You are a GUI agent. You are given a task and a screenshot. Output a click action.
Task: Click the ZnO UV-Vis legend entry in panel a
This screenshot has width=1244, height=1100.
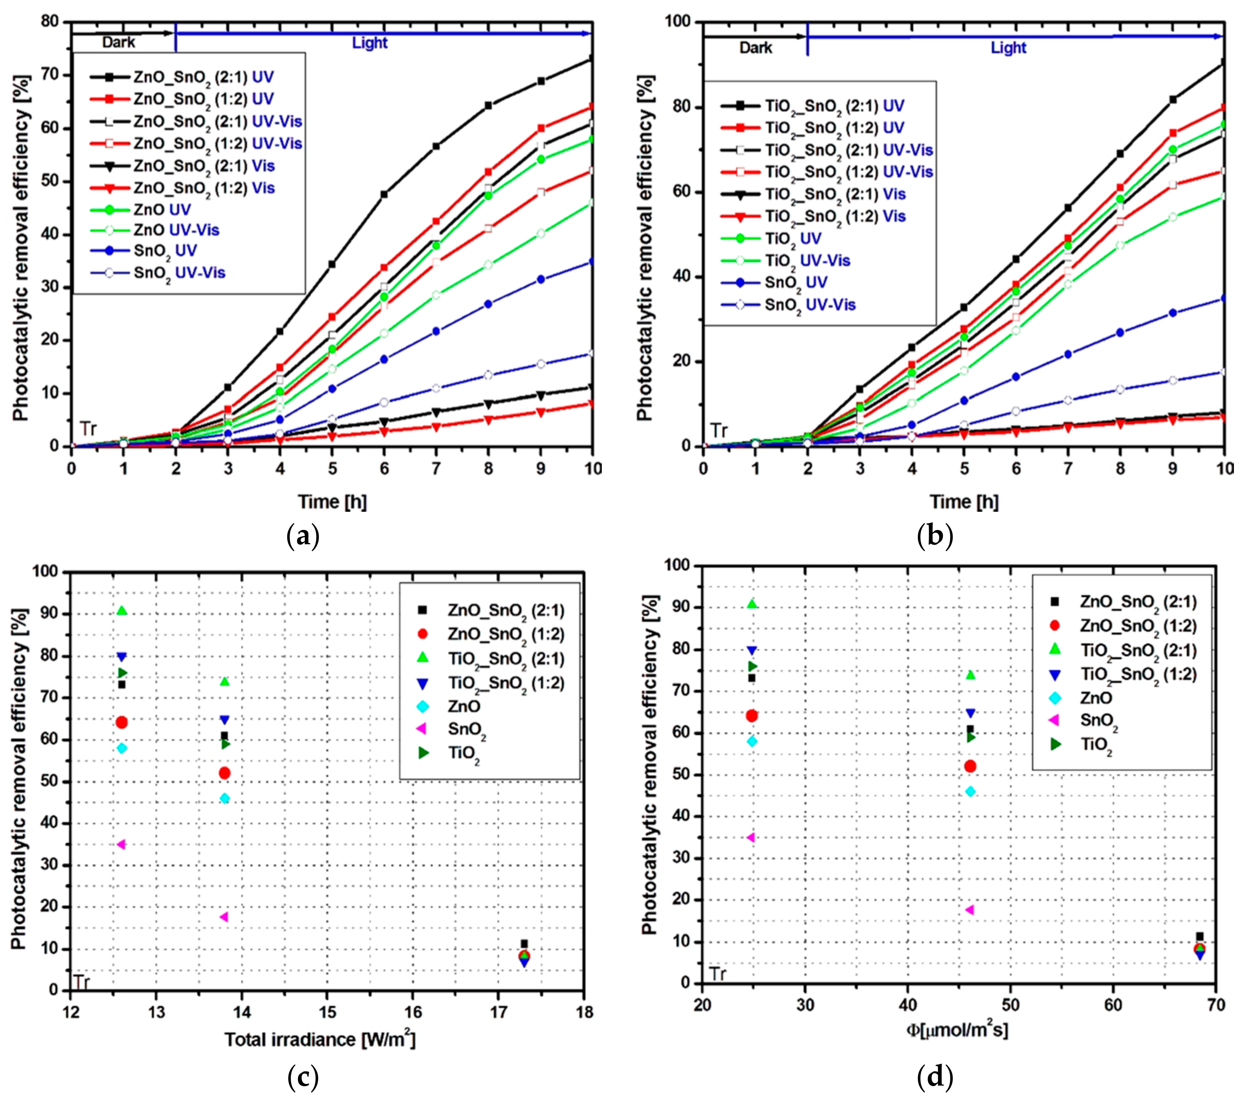(x=176, y=230)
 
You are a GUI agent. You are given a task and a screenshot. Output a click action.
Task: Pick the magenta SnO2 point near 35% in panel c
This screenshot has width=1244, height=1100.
(x=121, y=844)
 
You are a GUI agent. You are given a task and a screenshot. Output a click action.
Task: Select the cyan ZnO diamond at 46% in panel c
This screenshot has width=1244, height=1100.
(x=224, y=798)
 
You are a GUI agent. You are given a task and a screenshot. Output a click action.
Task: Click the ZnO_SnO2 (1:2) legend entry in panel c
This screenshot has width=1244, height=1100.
(x=505, y=634)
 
